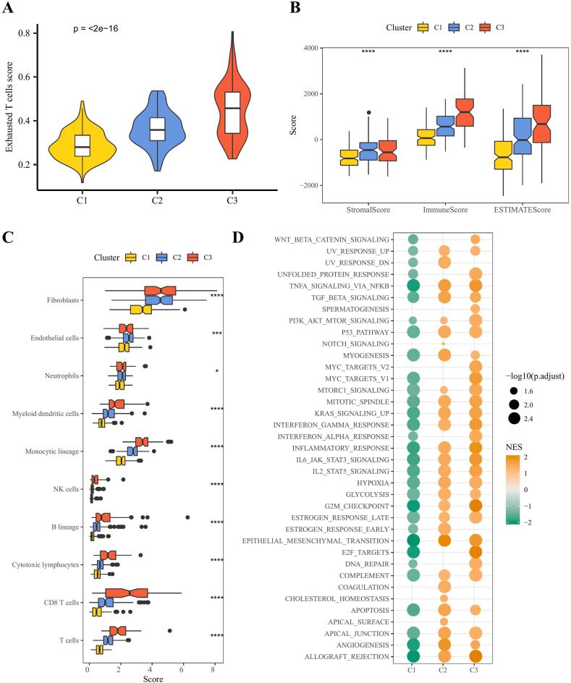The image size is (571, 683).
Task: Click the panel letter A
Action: tap(9, 9)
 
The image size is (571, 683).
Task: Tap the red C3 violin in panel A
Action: tap(232, 109)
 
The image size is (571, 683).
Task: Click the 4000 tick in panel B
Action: tap(316, 48)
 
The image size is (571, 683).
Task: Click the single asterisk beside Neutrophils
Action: tap(216, 371)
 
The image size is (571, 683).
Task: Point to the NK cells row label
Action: tap(66, 490)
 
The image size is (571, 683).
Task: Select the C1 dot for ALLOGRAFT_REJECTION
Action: tap(413, 656)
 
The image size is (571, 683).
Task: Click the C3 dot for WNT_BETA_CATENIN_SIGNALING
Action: tap(475, 239)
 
